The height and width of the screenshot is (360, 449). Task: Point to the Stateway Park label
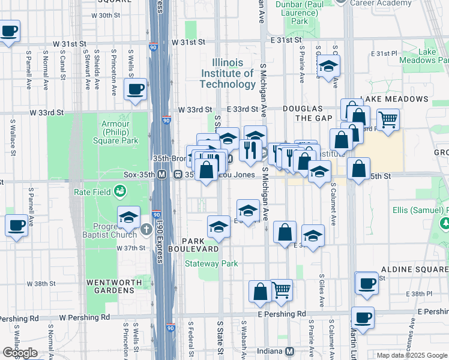point(211,263)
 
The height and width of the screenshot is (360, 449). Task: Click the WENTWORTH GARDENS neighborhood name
point(110,286)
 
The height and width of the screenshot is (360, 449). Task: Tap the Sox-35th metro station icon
point(161,175)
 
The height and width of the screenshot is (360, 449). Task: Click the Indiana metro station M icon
point(289,351)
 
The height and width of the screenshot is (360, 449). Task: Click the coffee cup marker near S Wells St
point(134,89)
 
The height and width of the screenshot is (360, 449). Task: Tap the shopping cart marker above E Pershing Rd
point(281,290)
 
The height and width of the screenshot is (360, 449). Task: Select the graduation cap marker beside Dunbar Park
point(328,66)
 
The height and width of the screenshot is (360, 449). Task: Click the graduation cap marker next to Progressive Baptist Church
point(128,218)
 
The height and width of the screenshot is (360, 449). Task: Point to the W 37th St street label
point(131,248)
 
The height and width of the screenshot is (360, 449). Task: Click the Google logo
point(20,352)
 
